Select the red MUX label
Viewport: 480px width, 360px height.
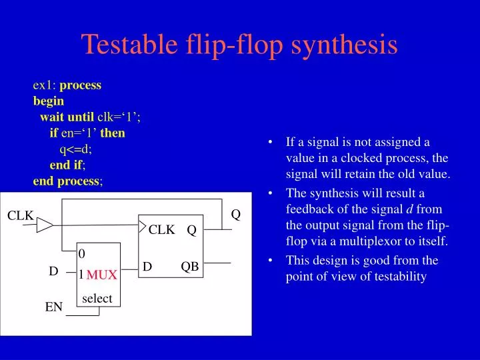click(x=102, y=275)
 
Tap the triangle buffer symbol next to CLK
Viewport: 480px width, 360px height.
click(x=44, y=226)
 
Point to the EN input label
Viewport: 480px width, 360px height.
click(x=53, y=307)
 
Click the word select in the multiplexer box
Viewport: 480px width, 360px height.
click(x=97, y=299)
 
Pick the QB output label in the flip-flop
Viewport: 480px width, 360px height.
click(x=190, y=266)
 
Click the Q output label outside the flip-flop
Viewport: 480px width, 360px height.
click(x=235, y=215)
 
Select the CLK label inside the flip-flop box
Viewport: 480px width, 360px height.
click(x=161, y=230)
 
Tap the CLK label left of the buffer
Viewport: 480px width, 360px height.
click(x=20, y=215)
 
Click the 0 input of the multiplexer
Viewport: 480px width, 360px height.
click(x=82, y=253)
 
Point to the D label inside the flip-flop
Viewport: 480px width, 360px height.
click(x=147, y=266)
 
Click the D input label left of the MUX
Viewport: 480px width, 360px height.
click(x=53, y=271)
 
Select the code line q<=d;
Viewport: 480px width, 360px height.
click(x=76, y=149)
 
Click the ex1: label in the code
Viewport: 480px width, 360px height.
click(x=45, y=85)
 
